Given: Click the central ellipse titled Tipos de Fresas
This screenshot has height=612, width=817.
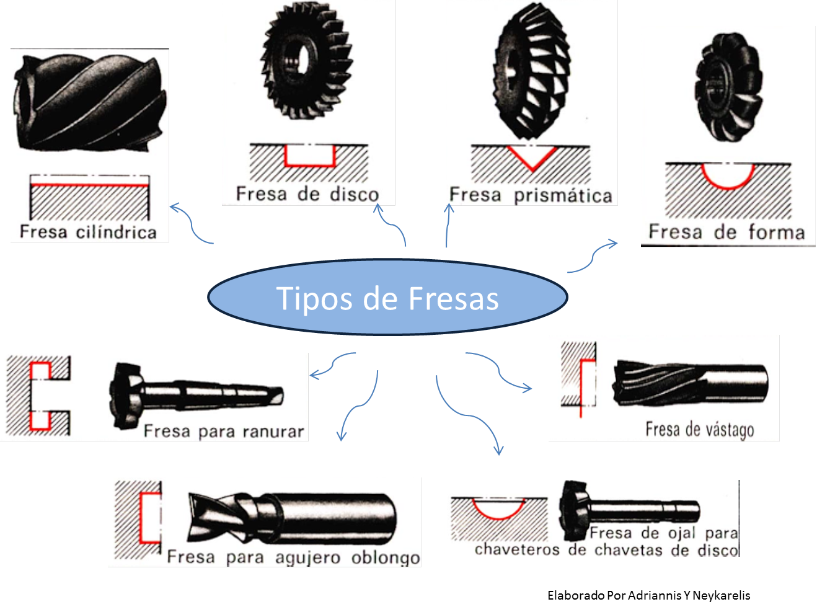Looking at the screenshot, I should click(x=387, y=298).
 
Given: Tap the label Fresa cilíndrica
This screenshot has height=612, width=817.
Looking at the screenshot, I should click(x=88, y=232).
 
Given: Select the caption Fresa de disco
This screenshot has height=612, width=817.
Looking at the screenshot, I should click(x=307, y=194).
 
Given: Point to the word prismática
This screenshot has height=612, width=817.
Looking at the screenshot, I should click(x=563, y=196).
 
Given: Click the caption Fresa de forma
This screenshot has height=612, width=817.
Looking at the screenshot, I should click(x=726, y=232).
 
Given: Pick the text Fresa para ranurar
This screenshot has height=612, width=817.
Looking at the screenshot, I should click(x=224, y=431).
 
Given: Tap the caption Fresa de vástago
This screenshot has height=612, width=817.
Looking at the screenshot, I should click(x=700, y=429).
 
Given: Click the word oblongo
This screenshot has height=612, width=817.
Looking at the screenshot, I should click(x=386, y=557).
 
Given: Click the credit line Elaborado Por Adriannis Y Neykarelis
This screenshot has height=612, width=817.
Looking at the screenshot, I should click(x=648, y=595).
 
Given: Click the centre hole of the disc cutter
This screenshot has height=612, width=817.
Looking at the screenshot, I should click(x=302, y=59).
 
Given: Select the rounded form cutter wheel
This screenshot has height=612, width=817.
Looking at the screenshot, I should click(x=726, y=87).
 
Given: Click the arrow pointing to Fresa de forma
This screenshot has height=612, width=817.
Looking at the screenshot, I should click(x=594, y=255).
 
